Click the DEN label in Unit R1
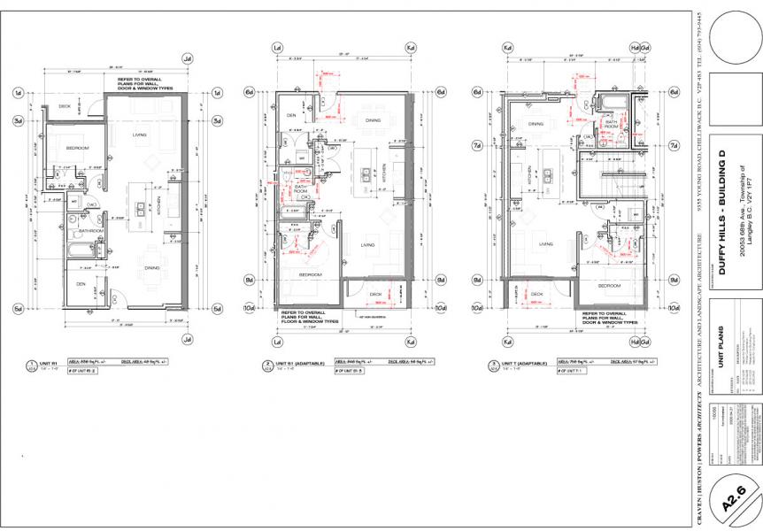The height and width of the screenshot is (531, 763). pyautogui.click(x=81, y=284)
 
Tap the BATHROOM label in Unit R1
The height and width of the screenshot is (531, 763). pyautogui.click(x=92, y=231)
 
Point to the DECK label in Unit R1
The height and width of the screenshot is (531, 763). pyautogui.click(x=65, y=105)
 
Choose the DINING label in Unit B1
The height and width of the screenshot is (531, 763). pyautogui.click(x=373, y=120)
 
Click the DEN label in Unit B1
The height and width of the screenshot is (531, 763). pyautogui.click(x=291, y=116)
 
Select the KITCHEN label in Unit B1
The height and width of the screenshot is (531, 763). pyautogui.click(x=384, y=176)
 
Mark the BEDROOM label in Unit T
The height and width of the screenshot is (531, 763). pyautogui.click(x=609, y=286)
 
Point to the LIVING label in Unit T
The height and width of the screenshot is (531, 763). pyautogui.click(x=546, y=245)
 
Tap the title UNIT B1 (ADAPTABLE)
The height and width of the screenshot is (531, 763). pyautogui.click(x=300, y=364)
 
